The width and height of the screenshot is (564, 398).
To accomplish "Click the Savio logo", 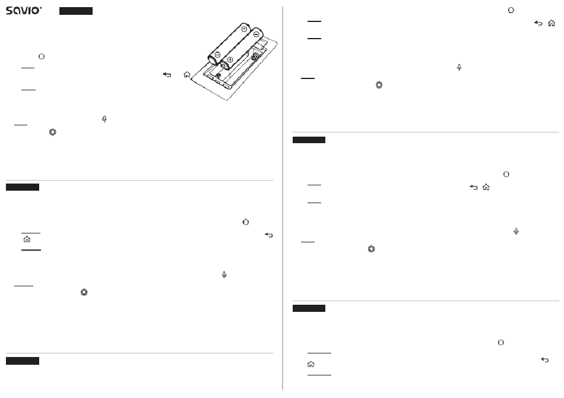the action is [x=24, y=11].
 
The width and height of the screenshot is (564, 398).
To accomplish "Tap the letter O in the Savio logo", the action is [x=35, y=11].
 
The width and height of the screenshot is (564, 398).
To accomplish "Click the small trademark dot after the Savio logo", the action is [x=41, y=7].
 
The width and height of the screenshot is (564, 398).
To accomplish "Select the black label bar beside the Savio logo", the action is [x=76, y=11].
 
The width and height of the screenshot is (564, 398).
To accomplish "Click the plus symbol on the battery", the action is [x=230, y=59].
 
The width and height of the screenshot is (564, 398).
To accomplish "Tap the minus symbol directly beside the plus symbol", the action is [x=217, y=55].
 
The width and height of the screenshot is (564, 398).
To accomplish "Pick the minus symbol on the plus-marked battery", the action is [x=256, y=34].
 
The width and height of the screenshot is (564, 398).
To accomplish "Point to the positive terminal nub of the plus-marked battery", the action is [x=224, y=66].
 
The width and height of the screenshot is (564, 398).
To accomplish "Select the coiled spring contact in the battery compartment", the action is [x=256, y=56].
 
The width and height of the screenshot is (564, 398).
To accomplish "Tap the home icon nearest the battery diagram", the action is [x=187, y=74].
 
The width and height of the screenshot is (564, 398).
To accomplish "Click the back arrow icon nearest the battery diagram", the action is [x=167, y=74].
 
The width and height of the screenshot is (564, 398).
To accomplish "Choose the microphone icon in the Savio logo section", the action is [x=104, y=119].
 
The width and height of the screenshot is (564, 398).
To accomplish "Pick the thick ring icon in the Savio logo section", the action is [x=52, y=132].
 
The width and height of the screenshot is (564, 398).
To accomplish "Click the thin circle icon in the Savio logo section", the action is [x=42, y=56].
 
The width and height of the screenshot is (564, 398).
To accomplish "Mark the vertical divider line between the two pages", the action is [x=283, y=198].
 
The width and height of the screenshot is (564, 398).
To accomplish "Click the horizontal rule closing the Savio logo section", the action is [x=140, y=180].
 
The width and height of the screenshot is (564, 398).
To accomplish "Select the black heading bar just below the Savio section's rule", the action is [x=23, y=187].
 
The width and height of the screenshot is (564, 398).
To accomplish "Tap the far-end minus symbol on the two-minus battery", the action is [x=244, y=29].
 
